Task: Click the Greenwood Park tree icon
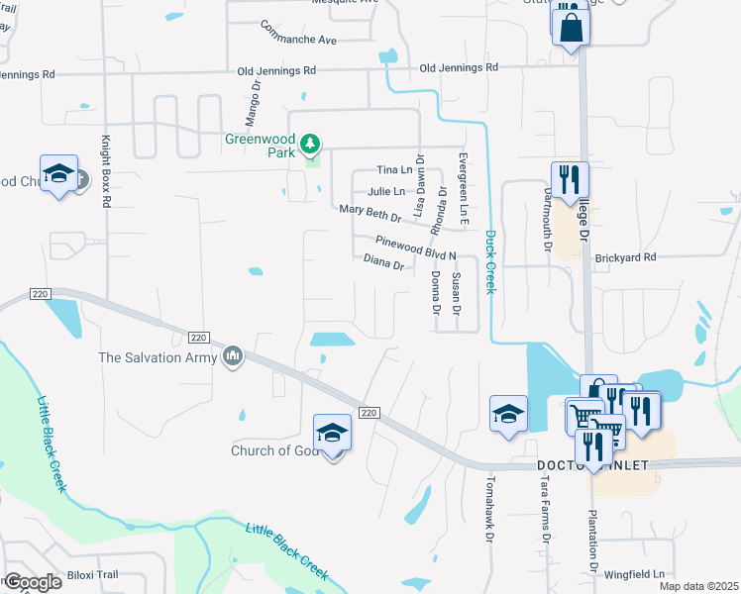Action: tap(311, 145)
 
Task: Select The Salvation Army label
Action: tap(157, 356)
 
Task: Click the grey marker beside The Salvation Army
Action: tap(232, 354)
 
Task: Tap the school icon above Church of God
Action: tap(333, 433)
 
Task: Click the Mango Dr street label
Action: tap(252, 99)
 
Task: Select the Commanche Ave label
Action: tap(298, 41)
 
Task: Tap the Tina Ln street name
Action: tap(393, 171)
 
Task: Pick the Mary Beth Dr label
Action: tap(370, 211)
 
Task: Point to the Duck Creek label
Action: tap(489, 261)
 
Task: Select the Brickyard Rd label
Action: tap(626, 257)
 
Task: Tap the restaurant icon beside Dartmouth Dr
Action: tap(570, 180)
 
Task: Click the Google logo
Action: tap(33, 582)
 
